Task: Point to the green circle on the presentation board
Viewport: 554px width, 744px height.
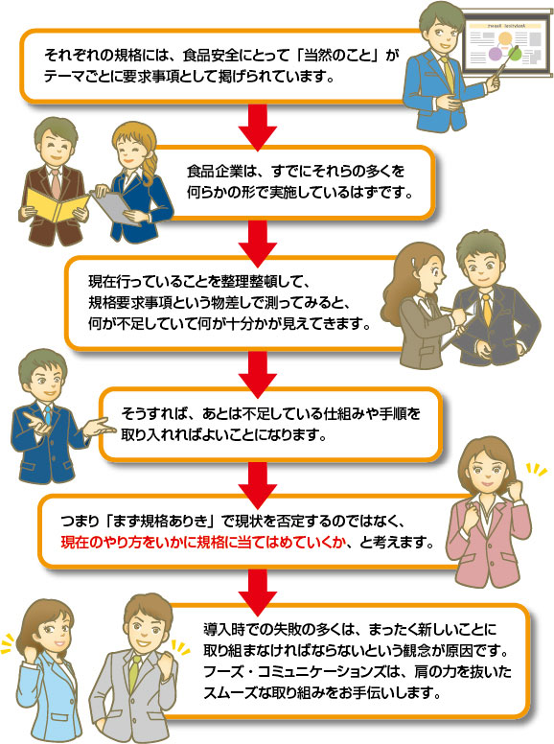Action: coord(514,54)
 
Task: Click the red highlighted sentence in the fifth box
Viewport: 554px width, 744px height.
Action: coord(202,542)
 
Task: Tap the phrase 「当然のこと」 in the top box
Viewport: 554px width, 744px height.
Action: coord(338,55)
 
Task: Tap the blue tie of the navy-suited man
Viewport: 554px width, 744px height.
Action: coord(48,415)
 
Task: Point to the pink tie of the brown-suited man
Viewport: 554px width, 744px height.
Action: coord(56,183)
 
